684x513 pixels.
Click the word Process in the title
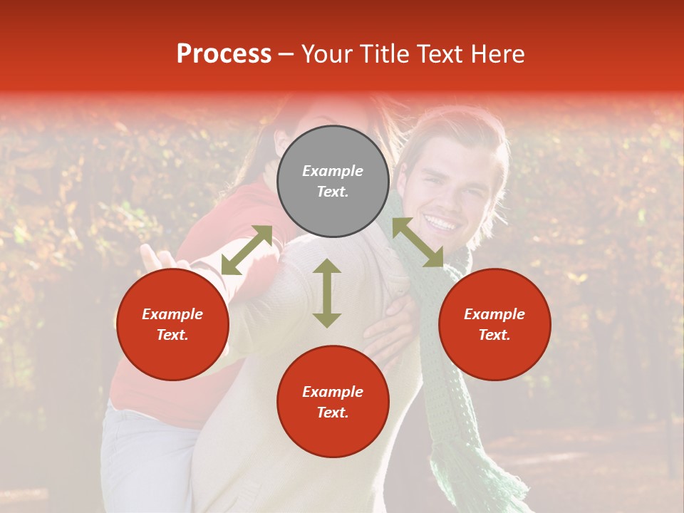pyautogui.click(x=224, y=54)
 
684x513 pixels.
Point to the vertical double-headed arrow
pyautogui.click(x=327, y=293)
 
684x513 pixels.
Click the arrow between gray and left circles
pyautogui.click(x=247, y=250)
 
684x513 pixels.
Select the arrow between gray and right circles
pyautogui.click(x=418, y=242)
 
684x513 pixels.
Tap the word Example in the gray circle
pyautogui.click(x=333, y=171)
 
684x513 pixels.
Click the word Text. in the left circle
pyautogui.click(x=172, y=335)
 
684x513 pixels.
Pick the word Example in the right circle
pyautogui.click(x=494, y=314)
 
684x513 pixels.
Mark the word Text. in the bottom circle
pyautogui.click(x=333, y=413)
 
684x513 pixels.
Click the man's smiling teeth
pyautogui.click(x=442, y=224)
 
